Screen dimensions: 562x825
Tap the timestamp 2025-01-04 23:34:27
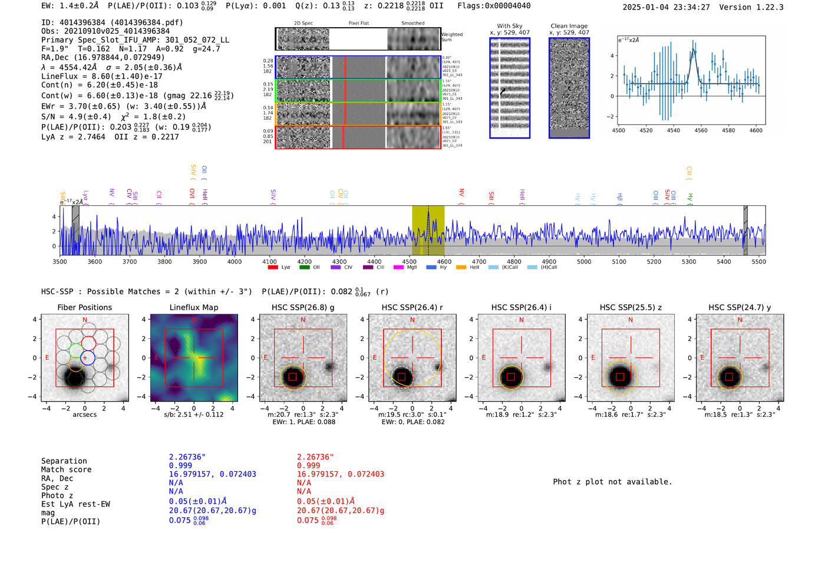(x=666, y=8)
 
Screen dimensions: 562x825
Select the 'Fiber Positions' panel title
(x=84, y=307)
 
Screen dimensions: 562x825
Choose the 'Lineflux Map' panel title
(x=193, y=307)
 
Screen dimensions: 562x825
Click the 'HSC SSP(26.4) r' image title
(x=412, y=307)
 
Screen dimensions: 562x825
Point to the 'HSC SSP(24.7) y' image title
(x=740, y=307)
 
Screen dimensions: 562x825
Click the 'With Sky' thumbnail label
(x=509, y=26)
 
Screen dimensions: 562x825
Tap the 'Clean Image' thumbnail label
(x=569, y=26)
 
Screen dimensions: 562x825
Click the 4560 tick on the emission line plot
(x=701, y=130)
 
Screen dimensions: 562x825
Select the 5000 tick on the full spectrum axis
(x=584, y=262)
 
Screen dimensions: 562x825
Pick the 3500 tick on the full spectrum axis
(x=60, y=262)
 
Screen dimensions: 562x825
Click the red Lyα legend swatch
(x=272, y=268)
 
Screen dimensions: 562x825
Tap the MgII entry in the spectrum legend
(x=411, y=268)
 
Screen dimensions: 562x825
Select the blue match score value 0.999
(x=180, y=466)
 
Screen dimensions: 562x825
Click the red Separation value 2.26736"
(x=315, y=457)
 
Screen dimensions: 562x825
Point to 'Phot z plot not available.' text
(x=612, y=482)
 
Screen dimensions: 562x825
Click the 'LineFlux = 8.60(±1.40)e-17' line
(x=102, y=77)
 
